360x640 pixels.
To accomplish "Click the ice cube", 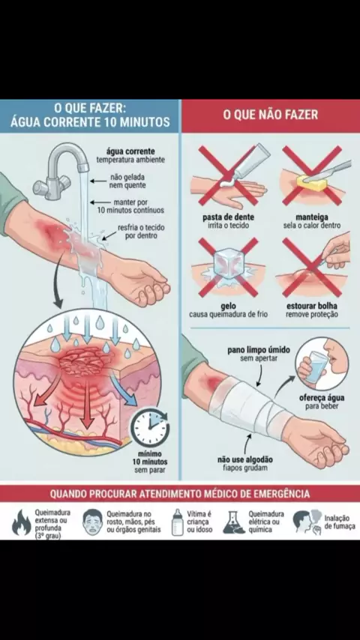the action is [229, 262].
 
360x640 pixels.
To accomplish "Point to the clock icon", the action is [150, 428].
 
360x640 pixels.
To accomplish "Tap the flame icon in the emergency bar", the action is [22, 523].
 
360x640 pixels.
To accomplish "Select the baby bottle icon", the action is [177, 522].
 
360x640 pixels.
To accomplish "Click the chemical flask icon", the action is [234, 522].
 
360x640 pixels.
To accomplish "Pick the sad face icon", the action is [92, 522].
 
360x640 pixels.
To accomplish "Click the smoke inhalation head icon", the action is [307, 522].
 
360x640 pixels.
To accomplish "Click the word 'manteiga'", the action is [312, 217].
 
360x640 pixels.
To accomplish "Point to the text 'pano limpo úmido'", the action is [259, 350].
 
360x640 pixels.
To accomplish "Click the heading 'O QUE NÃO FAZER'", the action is [270, 115].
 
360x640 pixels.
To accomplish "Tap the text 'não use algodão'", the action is [245, 460].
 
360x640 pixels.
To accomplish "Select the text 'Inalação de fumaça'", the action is [340, 522].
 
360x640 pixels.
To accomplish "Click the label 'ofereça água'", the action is [322, 398].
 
